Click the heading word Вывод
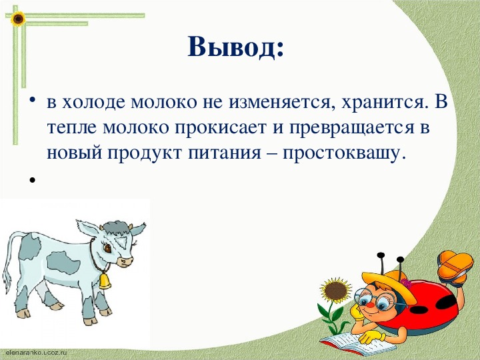(x=236, y=47)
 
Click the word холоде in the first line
(x=94, y=102)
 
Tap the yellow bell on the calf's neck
(x=105, y=281)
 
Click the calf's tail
(x=10, y=260)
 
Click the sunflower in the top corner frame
(x=18, y=19)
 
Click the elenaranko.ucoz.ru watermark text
(x=36, y=352)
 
